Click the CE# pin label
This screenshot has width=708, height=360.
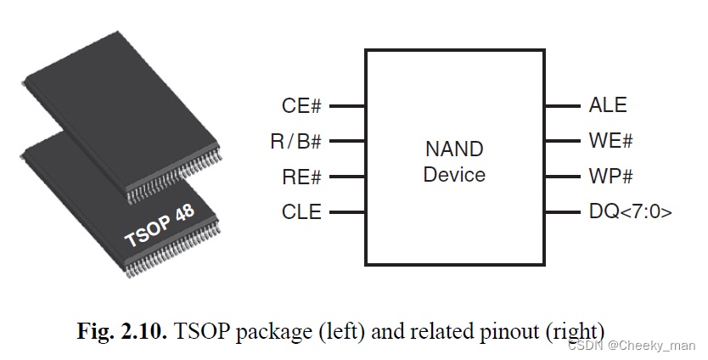pos(301,106)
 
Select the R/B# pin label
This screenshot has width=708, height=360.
pos(295,142)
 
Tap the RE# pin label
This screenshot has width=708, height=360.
pos(301,177)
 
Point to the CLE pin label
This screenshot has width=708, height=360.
pos(301,212)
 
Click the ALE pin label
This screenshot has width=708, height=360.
pos(608,106)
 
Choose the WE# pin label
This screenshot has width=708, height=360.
pos(610,142)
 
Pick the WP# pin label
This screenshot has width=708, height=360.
pos(610,177)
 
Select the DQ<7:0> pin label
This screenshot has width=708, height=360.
pos(630,212)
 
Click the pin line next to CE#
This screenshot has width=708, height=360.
pos(346,106)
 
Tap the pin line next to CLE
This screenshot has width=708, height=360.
pos(346,212)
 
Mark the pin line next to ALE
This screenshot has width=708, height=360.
pos(562,106)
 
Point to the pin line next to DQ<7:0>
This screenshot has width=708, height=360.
pos(562,212)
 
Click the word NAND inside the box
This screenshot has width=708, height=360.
pos(454,150)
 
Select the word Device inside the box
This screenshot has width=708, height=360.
pos(454,175)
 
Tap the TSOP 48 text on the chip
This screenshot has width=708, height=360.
pos(159,226)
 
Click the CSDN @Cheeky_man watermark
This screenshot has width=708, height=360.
pos(632,346)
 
